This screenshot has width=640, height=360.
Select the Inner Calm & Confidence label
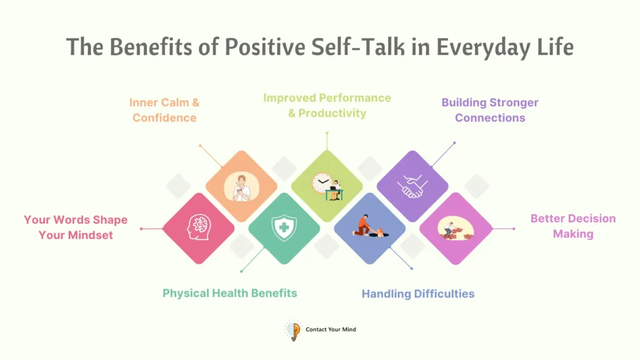coord(164,110)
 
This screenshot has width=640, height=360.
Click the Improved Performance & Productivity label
coord(327,106)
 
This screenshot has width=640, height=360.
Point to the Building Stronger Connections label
coord(490,110)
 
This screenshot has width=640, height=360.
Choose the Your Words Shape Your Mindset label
coord(76,227)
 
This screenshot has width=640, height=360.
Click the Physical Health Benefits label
coord(229,293)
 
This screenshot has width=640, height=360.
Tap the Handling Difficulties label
coord(418,294)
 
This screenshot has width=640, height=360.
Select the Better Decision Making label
coord(572,226)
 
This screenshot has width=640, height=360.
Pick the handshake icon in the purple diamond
coord(412,186)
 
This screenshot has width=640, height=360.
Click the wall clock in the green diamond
coord(321,184)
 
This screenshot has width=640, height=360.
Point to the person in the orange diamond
coord(241,187)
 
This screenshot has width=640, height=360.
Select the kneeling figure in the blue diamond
coord(364,225)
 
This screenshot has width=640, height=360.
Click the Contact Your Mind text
coord(331,329)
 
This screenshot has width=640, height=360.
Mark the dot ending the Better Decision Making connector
coord(514,229)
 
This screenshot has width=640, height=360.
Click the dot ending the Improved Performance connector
coord(327,132)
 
